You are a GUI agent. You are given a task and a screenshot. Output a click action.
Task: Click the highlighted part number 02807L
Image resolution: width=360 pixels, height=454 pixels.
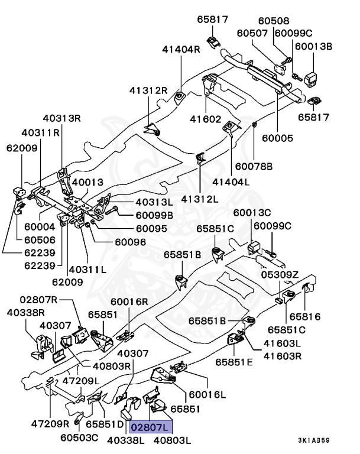152,426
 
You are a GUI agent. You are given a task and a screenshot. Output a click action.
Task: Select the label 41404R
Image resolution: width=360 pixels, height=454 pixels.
181,50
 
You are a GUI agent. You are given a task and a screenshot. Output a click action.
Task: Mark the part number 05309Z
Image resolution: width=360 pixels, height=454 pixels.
280,274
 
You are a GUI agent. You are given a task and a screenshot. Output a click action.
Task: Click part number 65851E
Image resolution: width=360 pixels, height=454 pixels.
234,361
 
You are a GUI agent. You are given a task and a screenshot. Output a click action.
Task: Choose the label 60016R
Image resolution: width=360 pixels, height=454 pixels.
129,301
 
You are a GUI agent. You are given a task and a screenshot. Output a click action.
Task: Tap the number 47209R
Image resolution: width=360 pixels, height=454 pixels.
50,424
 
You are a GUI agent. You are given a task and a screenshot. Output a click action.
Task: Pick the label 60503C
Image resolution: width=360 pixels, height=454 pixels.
79,437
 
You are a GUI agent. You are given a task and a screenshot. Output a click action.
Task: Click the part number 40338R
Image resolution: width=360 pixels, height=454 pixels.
26,312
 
